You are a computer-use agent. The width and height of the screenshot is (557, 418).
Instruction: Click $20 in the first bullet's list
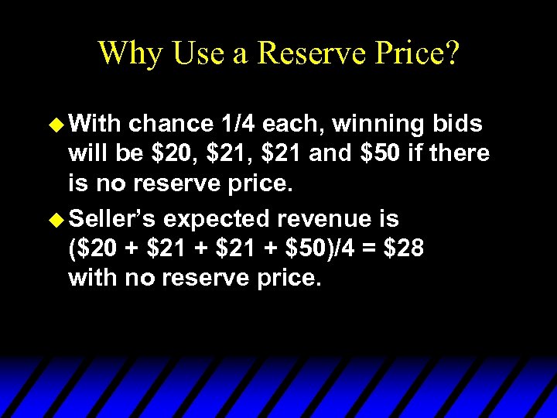coord(168,153)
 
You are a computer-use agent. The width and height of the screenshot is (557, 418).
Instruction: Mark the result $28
coord(403,249)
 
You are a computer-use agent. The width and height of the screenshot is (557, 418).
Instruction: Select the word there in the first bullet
coord(460,153)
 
